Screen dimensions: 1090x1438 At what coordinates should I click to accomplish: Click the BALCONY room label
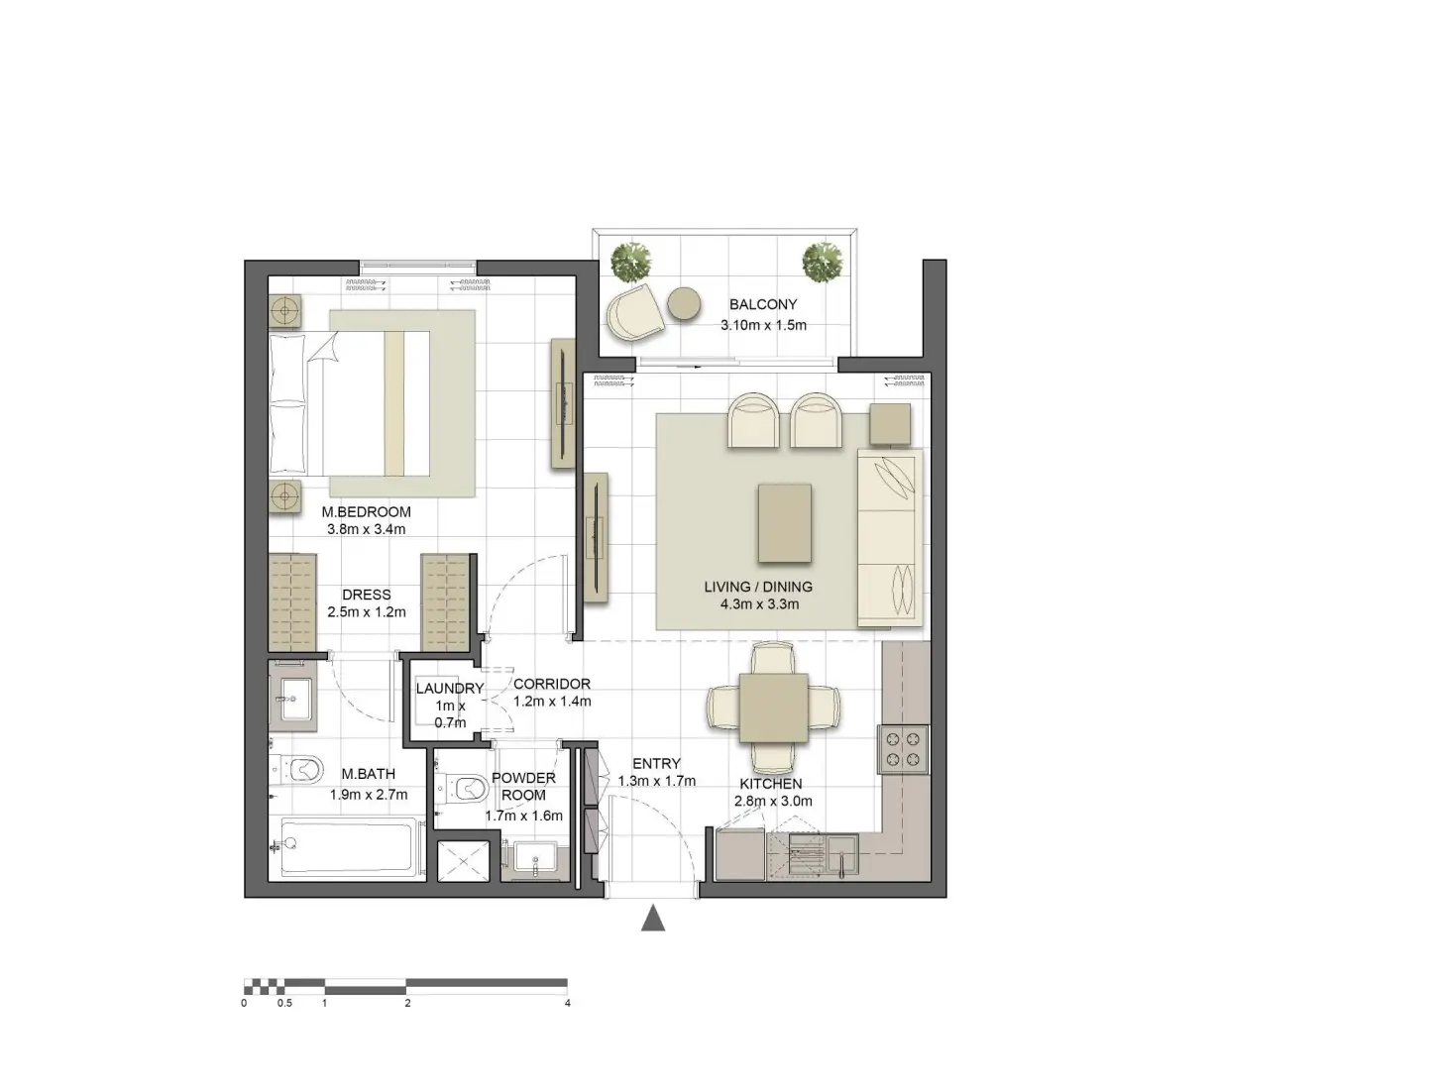(762, 304)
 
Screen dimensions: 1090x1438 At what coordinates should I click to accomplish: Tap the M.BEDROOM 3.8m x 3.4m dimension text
(366, 529)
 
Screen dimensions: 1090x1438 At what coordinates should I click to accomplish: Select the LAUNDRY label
(450, 689)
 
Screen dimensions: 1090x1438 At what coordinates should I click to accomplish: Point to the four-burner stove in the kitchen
(902, 749)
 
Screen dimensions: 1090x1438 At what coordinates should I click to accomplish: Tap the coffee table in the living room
(784, 522)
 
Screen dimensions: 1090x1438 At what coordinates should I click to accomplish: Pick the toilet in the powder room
(465, 789)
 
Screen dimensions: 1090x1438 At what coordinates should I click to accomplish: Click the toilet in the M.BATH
(299, 769)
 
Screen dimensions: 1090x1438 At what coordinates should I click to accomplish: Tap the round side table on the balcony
(684, 303)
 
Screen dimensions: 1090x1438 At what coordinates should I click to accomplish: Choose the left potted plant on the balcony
(633, 261)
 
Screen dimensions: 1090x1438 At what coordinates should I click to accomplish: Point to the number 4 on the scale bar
(568, 1003)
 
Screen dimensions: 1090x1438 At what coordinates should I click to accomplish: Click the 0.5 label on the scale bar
(284, 1003)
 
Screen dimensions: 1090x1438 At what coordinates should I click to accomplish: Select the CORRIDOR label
(552, 684)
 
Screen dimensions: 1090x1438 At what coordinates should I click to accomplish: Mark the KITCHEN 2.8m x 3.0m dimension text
(773, 802)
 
